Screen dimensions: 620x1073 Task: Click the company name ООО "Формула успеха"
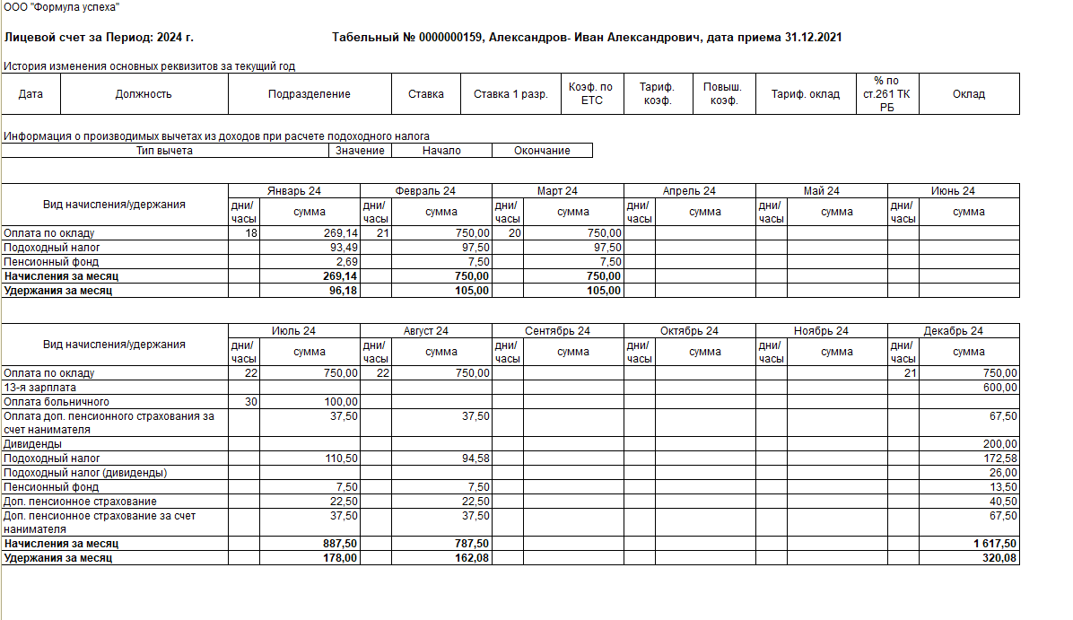62,7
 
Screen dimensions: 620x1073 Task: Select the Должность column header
144,94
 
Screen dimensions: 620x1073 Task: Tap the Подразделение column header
310,94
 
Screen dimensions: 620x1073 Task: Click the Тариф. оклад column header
806,94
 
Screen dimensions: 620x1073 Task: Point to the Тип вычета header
164,151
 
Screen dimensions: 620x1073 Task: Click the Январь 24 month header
294,191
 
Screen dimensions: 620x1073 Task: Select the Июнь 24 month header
953,191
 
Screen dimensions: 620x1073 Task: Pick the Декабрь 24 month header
953,331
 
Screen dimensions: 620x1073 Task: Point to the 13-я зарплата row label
36,388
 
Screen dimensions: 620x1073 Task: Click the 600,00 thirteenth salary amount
1000,388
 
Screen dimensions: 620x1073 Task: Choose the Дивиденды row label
33,444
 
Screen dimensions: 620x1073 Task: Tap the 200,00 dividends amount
1000,444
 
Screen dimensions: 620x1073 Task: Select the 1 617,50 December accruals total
993,544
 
